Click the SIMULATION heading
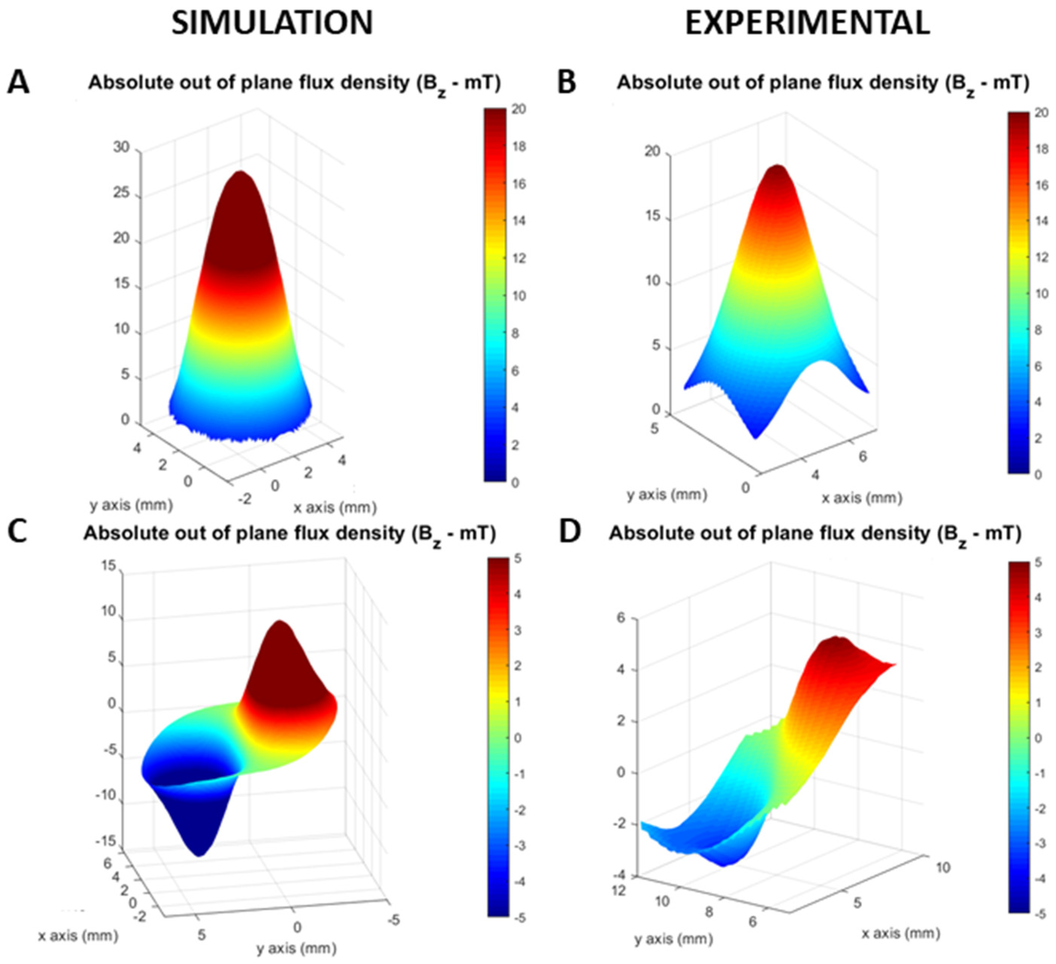pyautogui.click(x=272, y=23)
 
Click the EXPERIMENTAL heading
pyautogui.click(x=807, y=23)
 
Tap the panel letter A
pyautogui.click(x=18, y=83)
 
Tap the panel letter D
pyautogui.click(x=570, y=532)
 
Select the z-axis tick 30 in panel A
pyautogui.click(x=121, y=147)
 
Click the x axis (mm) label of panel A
pyautogui.click(x=335, y=507)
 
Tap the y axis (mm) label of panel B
pyautogui.click(x=667, y=494)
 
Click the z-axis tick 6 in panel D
pyautogui.click(x=621, y=618)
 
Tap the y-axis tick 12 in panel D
pyautogui.click(x=619, y=890)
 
